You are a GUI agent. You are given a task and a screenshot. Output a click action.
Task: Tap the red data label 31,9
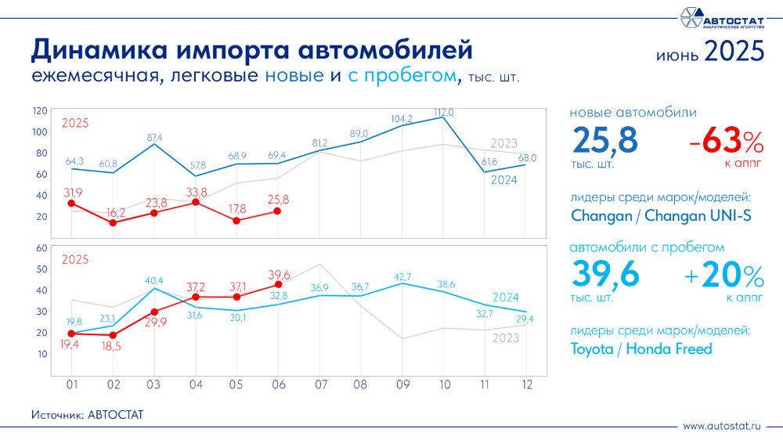(72, 192)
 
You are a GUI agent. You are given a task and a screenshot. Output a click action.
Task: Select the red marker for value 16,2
(113, 223)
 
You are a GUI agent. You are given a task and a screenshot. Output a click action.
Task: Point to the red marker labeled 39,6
(278, 284)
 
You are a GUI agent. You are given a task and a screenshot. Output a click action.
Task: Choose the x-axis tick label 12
(525, 385)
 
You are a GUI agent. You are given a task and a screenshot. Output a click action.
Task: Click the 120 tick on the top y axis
(40, 110)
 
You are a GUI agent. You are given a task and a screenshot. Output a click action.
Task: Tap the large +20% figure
(720, 276)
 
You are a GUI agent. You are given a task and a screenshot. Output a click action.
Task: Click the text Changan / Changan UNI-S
(661, 215)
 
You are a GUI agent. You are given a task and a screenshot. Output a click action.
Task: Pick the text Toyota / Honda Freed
(641, 349)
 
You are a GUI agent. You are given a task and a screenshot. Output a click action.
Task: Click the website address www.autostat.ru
(721, 426)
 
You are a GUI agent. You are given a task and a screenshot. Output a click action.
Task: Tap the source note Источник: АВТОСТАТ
(88, 414)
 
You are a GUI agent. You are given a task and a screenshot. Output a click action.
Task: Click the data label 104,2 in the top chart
(402, 119)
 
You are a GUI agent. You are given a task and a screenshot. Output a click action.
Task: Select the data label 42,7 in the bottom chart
(402, 276)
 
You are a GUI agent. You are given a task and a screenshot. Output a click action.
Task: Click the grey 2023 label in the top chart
(503, 143)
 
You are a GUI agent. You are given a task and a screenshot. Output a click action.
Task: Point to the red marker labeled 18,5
(113, 335)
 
